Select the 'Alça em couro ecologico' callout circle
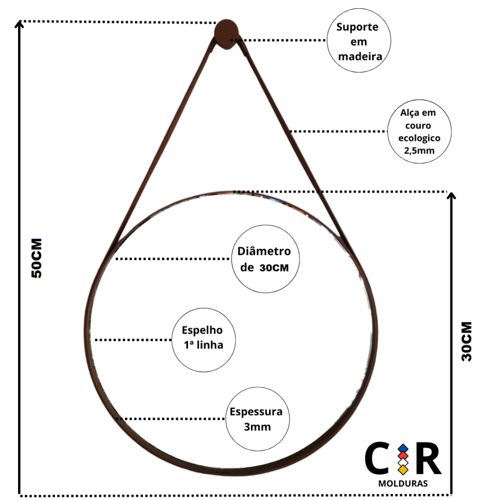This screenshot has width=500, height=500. click(419, 132)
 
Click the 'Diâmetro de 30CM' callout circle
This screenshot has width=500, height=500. click(265, 259)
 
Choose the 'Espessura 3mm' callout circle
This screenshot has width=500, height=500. click(257, 419)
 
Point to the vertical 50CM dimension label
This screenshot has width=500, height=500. click(37, 258)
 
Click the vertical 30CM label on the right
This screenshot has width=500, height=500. click(467, 341)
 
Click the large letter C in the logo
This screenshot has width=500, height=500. click(378, 459)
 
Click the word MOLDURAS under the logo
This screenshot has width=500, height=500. click(403, 484)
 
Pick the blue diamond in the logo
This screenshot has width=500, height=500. click(403, 448)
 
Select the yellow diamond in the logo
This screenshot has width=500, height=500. click(403, 470)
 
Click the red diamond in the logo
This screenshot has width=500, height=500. click(403, 456)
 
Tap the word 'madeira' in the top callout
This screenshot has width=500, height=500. click(360, 56)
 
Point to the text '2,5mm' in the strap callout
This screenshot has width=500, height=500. click(419, 151)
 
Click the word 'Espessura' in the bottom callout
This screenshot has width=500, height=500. click(256, 412)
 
